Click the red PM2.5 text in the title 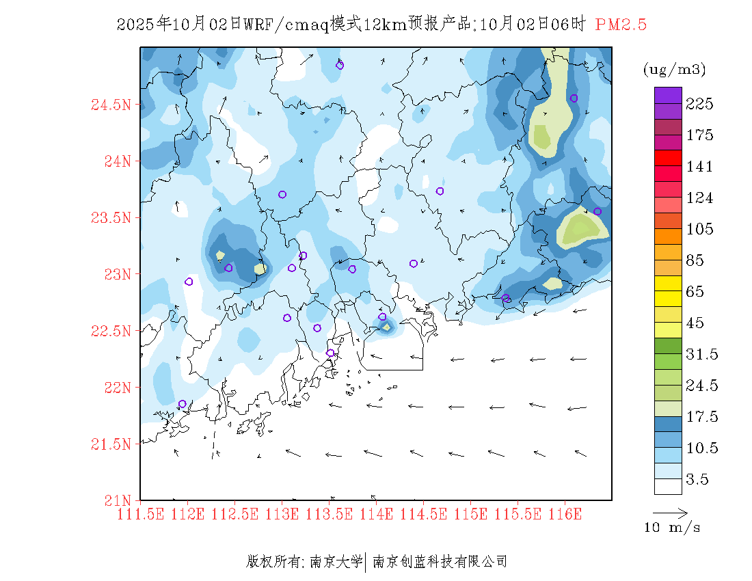point(621,25)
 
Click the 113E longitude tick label point(282,513)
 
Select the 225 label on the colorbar point(700,104)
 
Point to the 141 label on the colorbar point(700,167)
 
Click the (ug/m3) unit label point(674,70)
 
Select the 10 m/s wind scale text point(673,528)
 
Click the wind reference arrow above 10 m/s point(670,512)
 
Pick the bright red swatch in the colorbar point(668,158)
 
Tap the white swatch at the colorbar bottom point(668,486)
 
